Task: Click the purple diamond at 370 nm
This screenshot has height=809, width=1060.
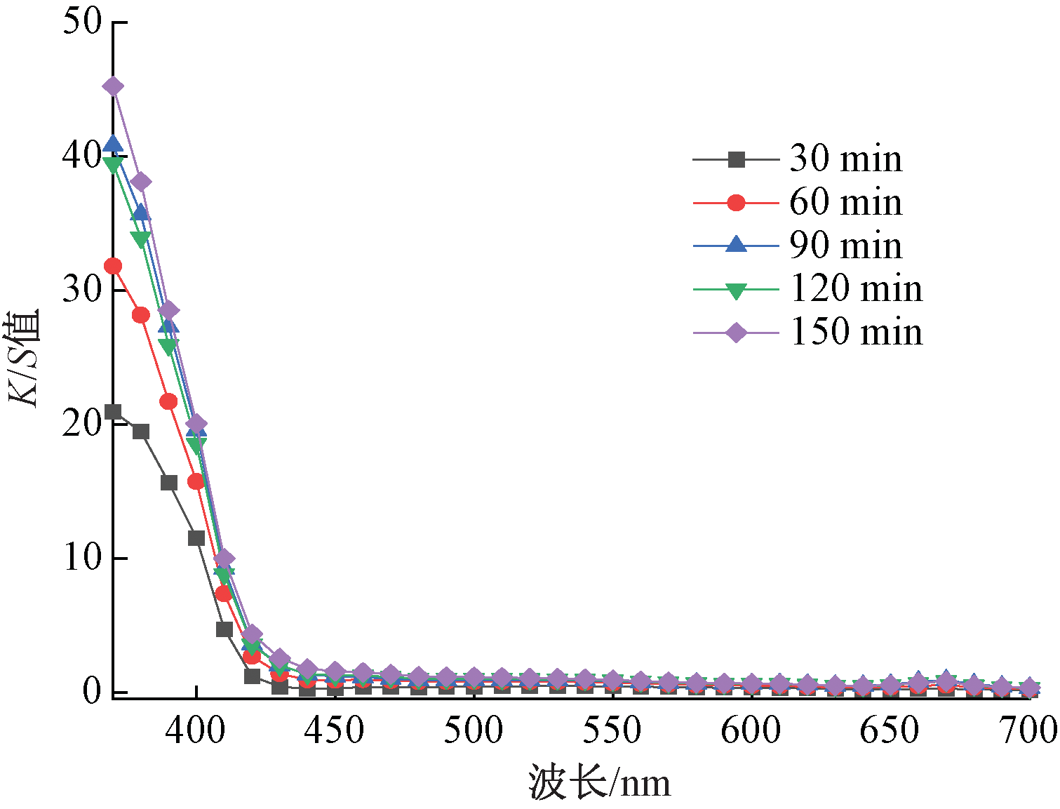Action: pyautogui.click(x=113, y=87)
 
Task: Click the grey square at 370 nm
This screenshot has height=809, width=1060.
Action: pyautogui.click(x=113, y=412)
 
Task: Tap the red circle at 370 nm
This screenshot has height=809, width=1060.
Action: pyautogui.click(x=113, y=267)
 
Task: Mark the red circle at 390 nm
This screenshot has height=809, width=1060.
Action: pyautogui.click(x=168, y=401)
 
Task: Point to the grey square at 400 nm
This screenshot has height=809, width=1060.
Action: pyautogui.click(x=196, y=538)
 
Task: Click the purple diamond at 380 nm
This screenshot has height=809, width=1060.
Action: pyautogui.click(x=141, y=182)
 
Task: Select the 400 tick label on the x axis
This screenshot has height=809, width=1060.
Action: pyautogui.click(x=196, y=730)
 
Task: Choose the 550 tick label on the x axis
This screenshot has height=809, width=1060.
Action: pyautogui.click(x=612, y=730)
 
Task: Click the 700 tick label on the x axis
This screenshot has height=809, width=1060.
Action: pyautogui.click(x=1028, y=730)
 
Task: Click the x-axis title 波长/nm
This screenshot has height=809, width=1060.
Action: pyautogui.click(x=600, y=783)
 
